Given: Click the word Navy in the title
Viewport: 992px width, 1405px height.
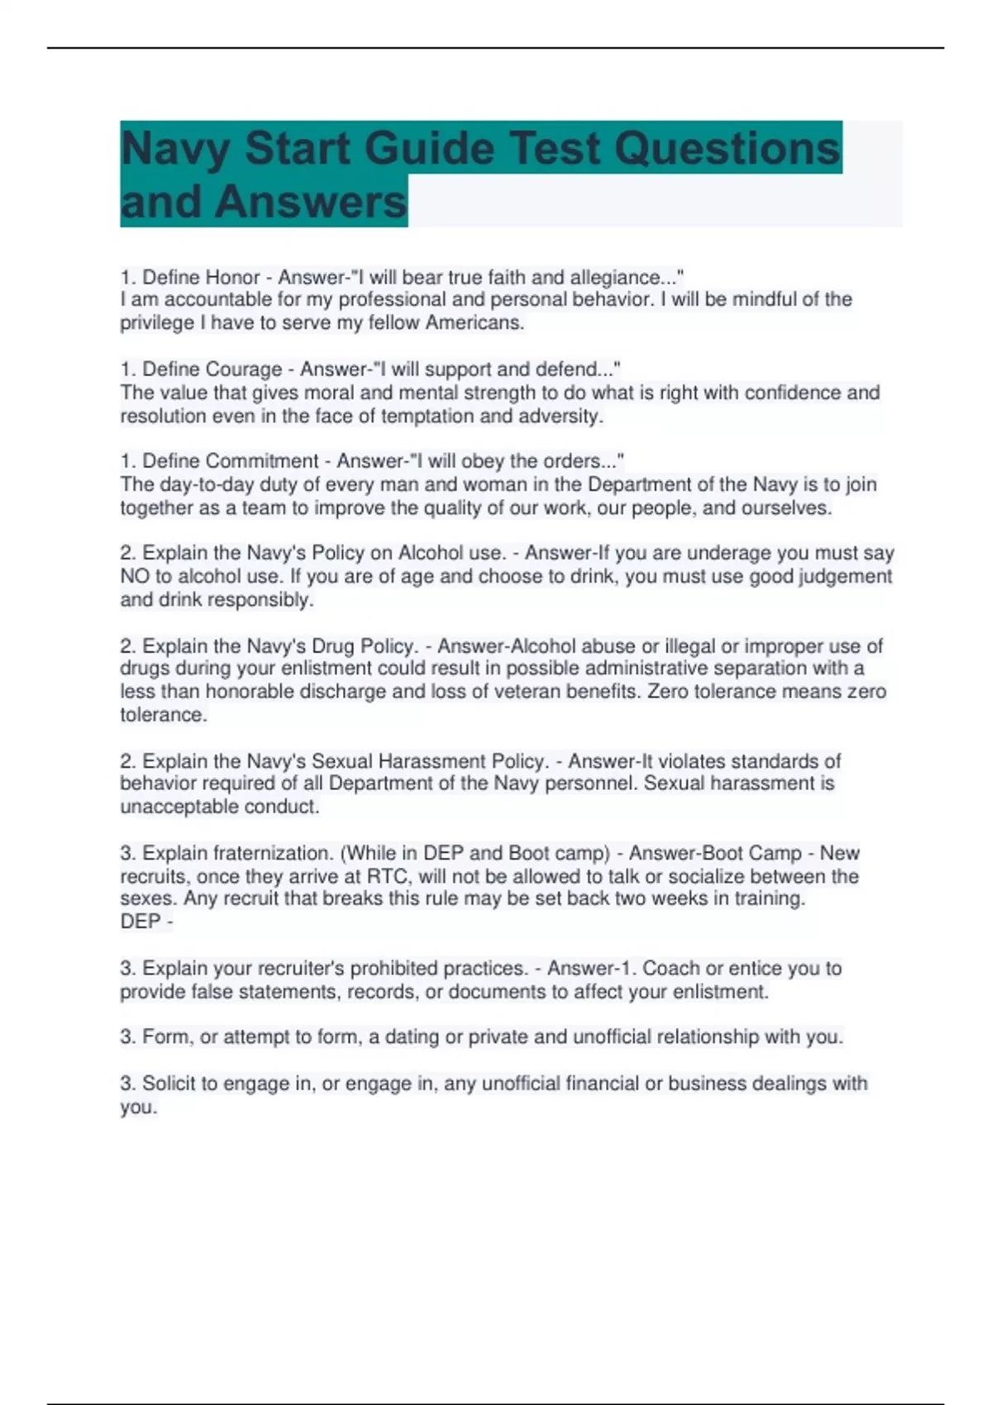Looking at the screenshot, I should click(x=174, y=149).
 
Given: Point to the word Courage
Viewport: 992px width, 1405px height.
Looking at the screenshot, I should click(x=244, y=369).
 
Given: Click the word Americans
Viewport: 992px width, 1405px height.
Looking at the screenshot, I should click(x=475, y=322).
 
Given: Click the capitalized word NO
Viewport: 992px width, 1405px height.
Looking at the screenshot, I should click(x=136, y=576).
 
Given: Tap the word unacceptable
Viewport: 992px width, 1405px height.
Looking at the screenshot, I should click(x=169, y=806).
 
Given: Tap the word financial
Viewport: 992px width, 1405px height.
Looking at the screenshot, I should click(x=603, y=1083).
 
